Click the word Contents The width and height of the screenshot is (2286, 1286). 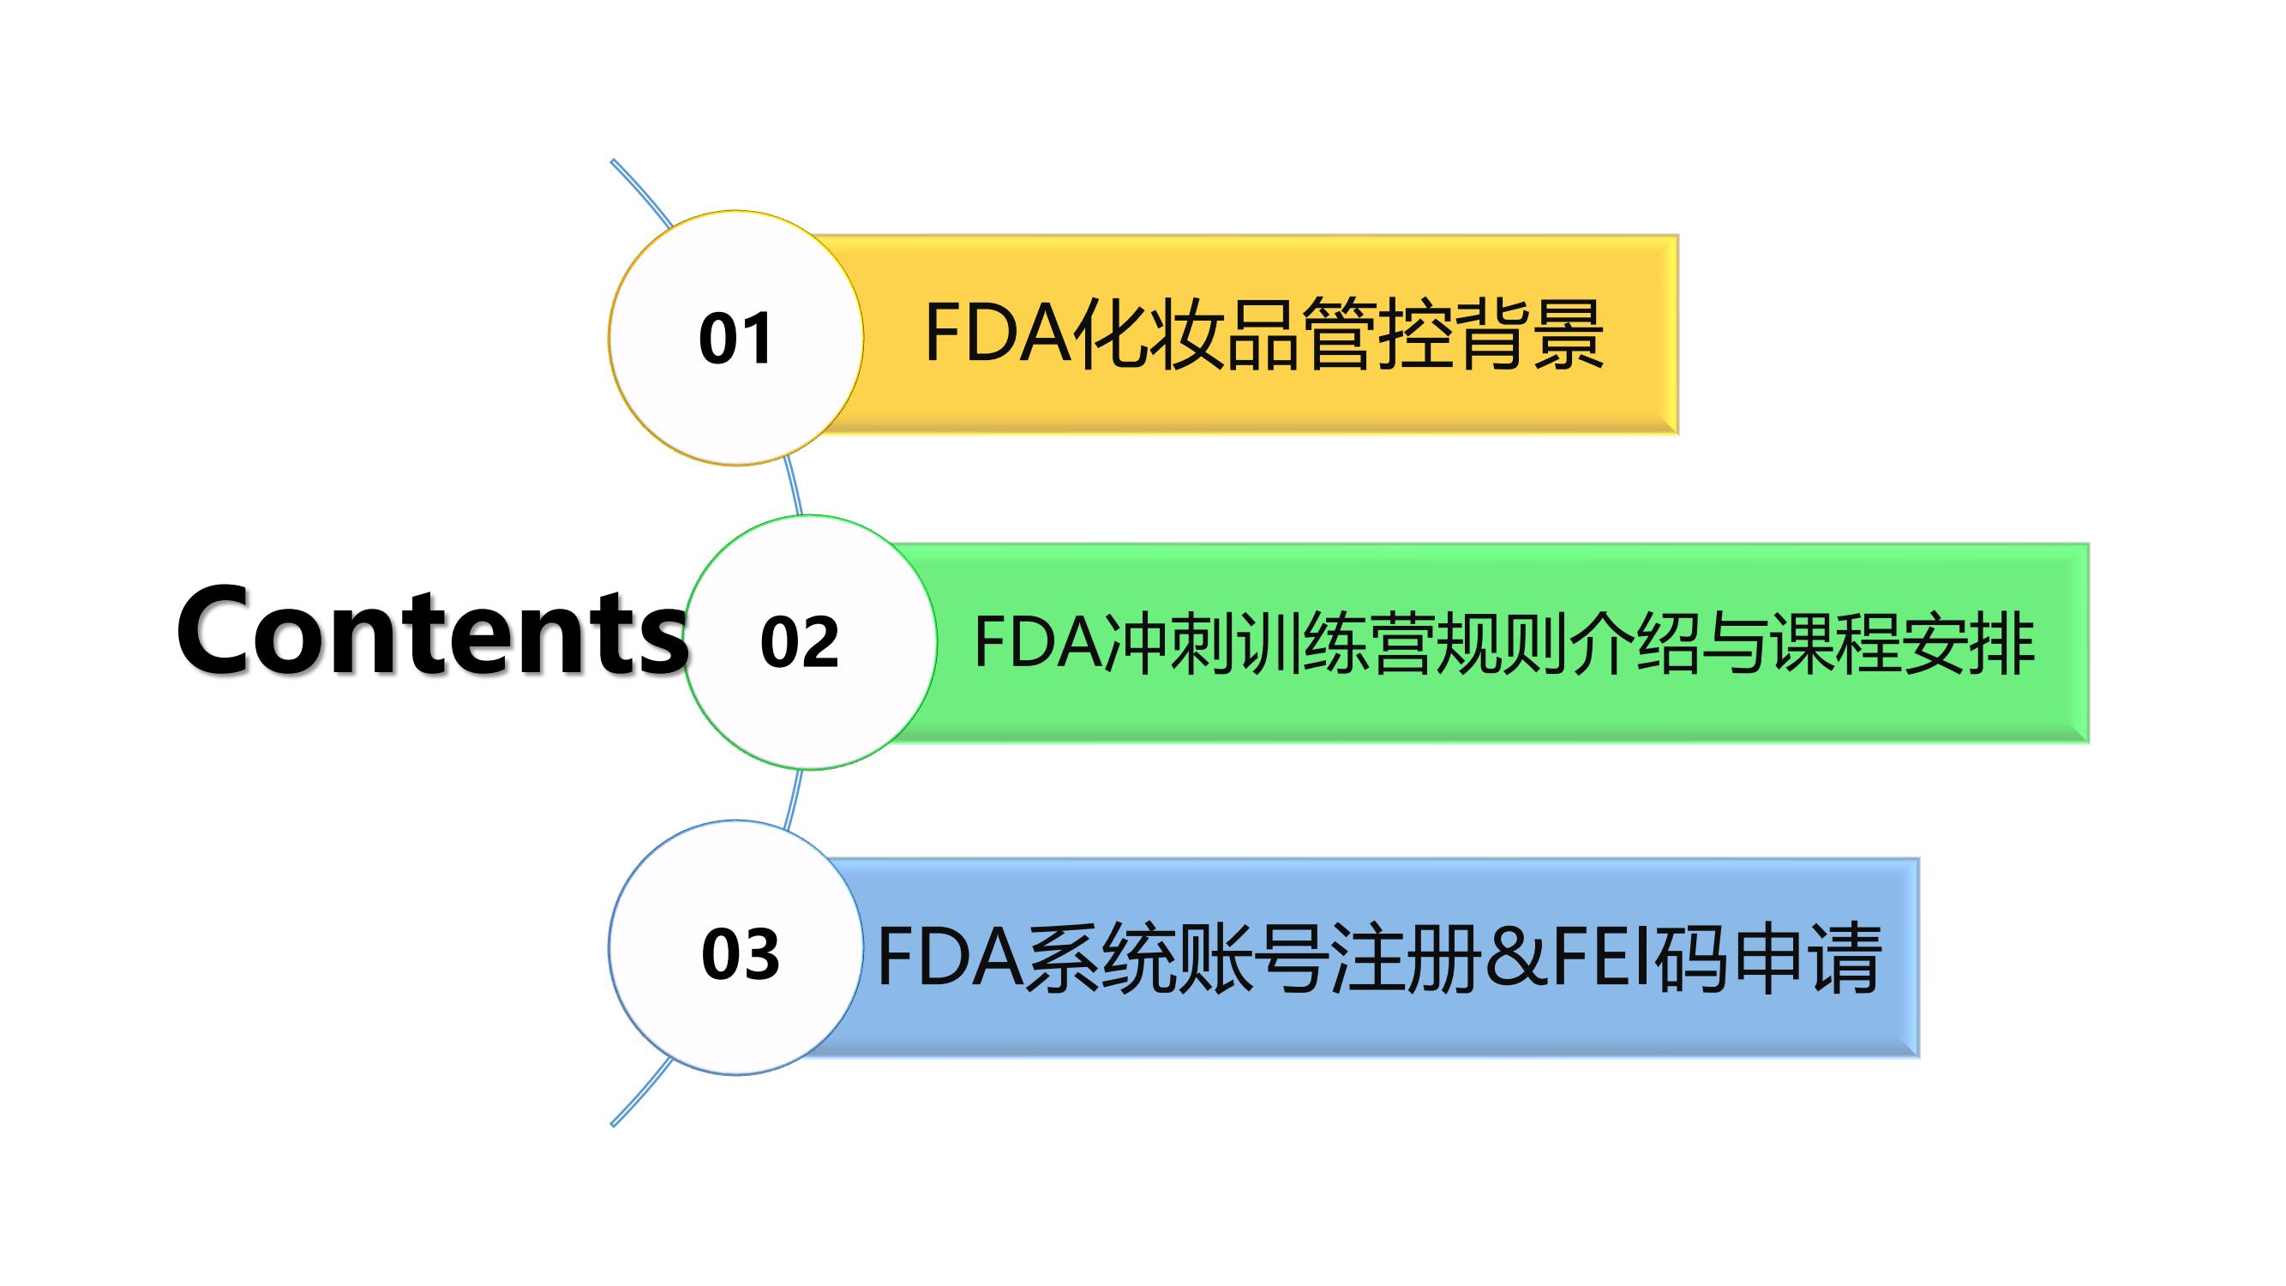point(432,632)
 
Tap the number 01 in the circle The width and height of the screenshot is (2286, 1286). point(735,339)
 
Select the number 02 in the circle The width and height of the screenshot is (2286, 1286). point(799,642)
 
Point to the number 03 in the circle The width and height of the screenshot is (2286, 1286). point(740,955)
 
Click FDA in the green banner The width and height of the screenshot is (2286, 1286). point(1038,642)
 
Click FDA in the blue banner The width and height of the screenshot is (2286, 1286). point(950,958)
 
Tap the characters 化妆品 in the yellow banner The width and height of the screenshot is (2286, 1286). point(1185,334)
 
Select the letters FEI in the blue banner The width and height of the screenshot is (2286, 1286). point(1601,958)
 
